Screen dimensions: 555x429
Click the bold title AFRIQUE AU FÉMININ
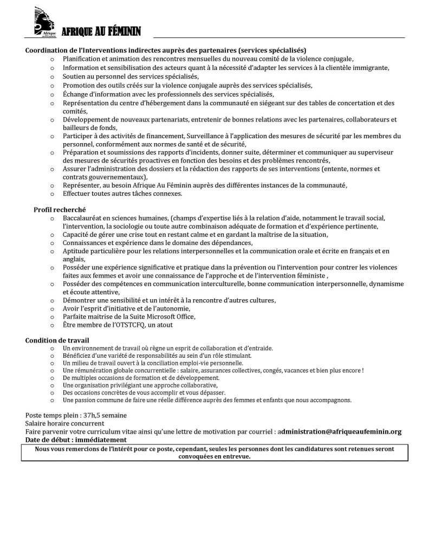tap(101, 33)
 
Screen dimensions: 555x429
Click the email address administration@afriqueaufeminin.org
tap(341, 431)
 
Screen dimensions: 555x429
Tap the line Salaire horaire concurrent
tap(64, 423)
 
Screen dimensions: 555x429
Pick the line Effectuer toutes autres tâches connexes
tap(122, 193)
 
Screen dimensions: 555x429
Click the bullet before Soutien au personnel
tap(52, 76)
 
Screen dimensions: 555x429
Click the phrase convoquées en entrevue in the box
tap(214, 456)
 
